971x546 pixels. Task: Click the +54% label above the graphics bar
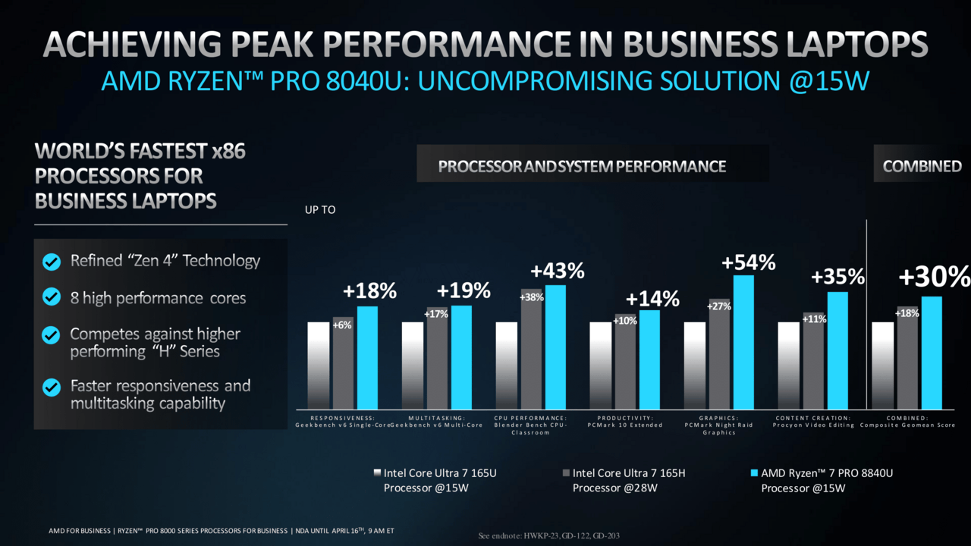click(x=748, y=263)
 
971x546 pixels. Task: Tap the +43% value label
click(x=557, y=271)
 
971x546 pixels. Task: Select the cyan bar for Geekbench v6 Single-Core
click(x=367, y=357)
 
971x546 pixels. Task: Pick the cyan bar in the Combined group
click(x=932, y=353)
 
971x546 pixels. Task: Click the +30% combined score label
click(x=934, y=278)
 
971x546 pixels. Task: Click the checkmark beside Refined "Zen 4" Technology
click(x=52, y=262)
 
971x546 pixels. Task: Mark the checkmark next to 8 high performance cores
click(x=52, y=297)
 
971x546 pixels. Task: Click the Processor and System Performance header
click(x=582, y=166)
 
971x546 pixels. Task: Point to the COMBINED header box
click(x=922, y=166)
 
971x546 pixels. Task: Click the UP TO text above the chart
click(x=320, y=210)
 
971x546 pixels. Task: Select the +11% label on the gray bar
click(x=814, y=319)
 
